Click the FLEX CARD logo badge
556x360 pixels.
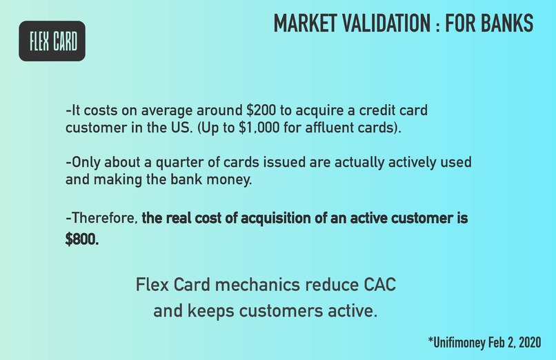pos(52,41)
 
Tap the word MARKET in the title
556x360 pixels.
pos(308,23)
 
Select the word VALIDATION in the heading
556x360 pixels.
pos(390,23)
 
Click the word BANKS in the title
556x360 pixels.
pos(504,23)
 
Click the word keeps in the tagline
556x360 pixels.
pos(205,311)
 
